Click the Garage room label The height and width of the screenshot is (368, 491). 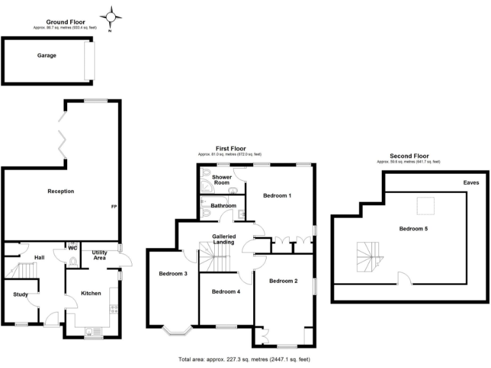[46, 56]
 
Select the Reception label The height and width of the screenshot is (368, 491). [61, 191]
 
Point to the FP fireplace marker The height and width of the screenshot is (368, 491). [113, 207]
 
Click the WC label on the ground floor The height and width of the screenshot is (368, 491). [73, 248]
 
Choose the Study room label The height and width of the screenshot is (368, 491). [20, 295]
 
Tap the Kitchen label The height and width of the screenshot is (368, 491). [91, 293]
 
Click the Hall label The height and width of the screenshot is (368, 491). [40, 257]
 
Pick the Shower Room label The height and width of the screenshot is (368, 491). [222, 180]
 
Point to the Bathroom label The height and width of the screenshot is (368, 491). [223, 206]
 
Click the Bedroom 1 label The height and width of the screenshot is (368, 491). [277, 195]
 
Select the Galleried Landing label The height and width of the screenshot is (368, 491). [224, 239]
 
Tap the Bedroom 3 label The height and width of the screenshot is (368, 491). [173, 273]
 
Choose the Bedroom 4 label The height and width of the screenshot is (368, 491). [226, 291]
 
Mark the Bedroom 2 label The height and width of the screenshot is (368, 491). [283, 280]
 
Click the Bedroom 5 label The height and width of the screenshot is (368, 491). [413, 229]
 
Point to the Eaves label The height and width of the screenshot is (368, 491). [471, 183]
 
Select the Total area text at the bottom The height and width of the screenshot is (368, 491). [245, 360]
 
